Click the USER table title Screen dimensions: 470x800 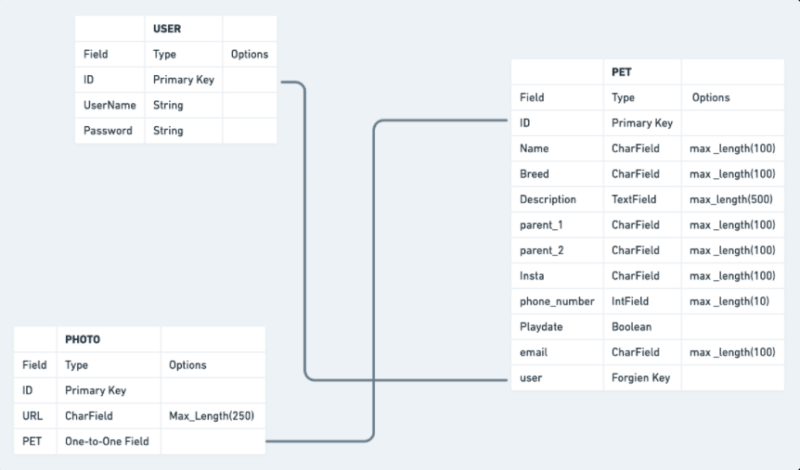[x=167, y=29]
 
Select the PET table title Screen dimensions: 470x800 [x=621, y=71]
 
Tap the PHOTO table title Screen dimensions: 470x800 [x=83, y=339]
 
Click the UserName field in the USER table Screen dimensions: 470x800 [x=110, y=106]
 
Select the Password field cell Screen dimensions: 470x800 [x=108, y=131]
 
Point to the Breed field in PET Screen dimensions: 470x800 [x=535, y=174]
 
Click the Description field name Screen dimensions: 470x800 [x=548, y=199]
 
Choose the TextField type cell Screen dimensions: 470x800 [x=634, y=199]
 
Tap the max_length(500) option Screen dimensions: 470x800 [x=731, y=199]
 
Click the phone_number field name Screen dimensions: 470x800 [x=557, y=301]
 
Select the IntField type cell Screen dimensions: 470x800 [x=630, y=301]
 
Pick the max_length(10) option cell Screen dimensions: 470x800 [x=729, y=301]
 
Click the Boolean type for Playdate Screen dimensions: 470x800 [x=631, y=326]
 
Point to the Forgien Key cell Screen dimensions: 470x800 [x=640, y=378]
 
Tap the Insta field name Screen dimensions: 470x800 [x=532, y=275]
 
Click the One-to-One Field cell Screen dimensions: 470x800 [x=107, y=441]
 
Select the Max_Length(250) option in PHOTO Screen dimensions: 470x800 [x=212, y=416]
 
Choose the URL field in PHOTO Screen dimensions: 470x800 [x=32, y=416]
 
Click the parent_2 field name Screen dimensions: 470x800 [x=542, y=250]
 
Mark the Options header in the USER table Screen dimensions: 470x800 [x=249, y=55]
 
